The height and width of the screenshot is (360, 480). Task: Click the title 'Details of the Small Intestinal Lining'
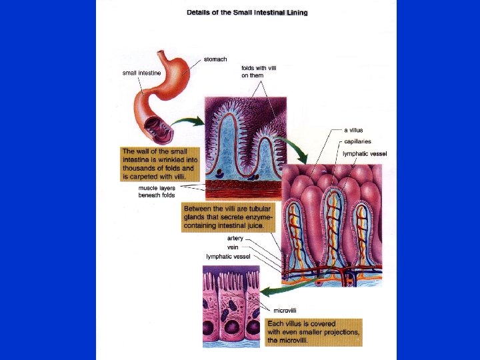[x=247, y=12]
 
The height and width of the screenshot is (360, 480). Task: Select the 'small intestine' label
[x=141, y=73]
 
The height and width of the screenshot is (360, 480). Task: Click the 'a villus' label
[x=353, y=130]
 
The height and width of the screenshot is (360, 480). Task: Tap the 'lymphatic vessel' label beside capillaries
[x=365, y=154]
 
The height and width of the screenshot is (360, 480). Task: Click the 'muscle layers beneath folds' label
[x=157, y=192]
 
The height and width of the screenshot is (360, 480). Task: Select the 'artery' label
[x=235, y=238]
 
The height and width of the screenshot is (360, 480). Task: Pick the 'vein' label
[x=233, y=247]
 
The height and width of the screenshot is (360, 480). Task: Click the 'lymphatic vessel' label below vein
[x=228, y=256]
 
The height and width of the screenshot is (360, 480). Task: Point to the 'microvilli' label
[x=285, y=311]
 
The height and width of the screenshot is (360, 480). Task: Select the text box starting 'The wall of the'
[x=158, y=164]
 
